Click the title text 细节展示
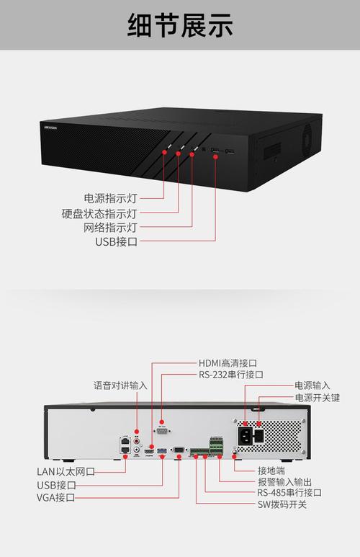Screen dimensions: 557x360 coord(180,26)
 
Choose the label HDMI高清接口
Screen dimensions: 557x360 coord(228,363)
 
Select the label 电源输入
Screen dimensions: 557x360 coord(312,386)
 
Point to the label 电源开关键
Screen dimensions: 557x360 coord(317,397)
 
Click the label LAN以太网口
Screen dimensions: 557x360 coord(66,471)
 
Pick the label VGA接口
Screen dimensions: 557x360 coord(56,497)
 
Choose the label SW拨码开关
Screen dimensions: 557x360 coord(282,504)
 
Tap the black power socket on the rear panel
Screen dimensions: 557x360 coord(246,435)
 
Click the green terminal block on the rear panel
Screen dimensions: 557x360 coord(217,443)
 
